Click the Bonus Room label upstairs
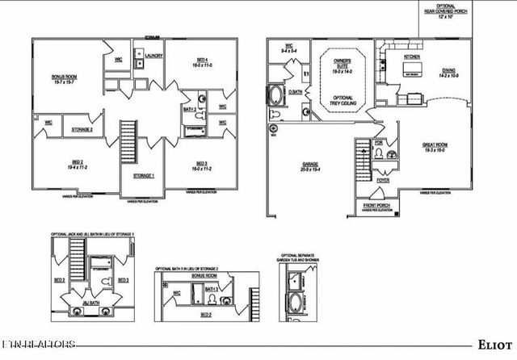click(64, 78)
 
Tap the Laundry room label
click(155, 56)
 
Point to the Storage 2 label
click(82, 129)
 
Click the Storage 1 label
click(144, 176)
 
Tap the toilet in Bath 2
click(202, 104)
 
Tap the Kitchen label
click(413, 57)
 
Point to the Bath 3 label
click(212, 289)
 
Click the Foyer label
click(383, 181)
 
